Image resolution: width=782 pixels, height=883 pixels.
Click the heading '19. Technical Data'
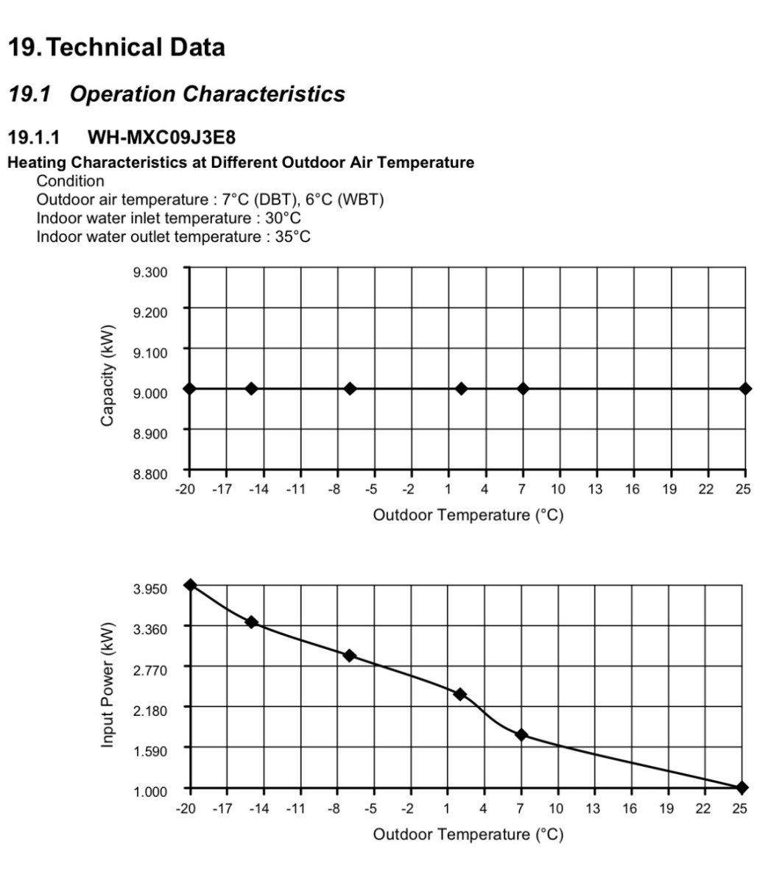(x=116, y=48)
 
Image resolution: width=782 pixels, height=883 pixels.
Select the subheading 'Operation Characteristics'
(x=207, y=94)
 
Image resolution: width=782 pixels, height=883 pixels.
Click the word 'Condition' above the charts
(x=71, y=181)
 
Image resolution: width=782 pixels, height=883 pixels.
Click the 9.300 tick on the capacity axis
(x=150, y=272)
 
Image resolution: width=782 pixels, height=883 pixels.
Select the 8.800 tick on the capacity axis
(x=150, y=473)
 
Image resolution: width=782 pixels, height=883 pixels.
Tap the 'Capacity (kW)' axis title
(x=108, y=375)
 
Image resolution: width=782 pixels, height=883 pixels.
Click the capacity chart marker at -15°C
(x=251, y=389)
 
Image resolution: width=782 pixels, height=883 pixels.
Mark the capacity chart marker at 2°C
(x=461, y=389)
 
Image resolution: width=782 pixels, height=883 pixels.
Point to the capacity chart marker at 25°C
(x=745, y=389)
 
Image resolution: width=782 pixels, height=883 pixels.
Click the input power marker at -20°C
(x=191, y=585)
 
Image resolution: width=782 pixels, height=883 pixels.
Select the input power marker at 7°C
(x=521, y=734)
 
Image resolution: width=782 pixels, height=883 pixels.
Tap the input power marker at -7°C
(x=350, y=656)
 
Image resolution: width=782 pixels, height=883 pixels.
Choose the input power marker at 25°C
(x=742, y=787)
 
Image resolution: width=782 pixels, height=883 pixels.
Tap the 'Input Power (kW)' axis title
(x=108, y=684)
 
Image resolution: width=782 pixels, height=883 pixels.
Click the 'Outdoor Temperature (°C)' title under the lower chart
(x=468, y=834)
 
